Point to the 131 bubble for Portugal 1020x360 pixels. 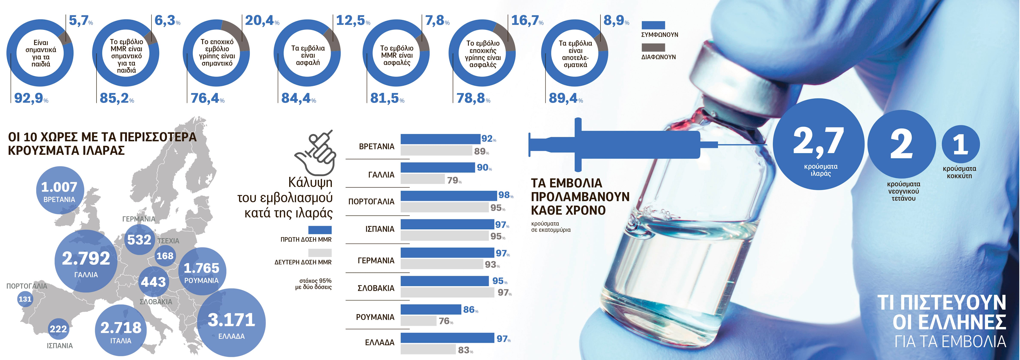pyautogui.click(x=25, y=299)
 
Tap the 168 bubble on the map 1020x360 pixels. pyautogui.click(x=165, y=256)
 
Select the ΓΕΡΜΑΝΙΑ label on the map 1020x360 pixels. pyautogui.click(x=138, y=219)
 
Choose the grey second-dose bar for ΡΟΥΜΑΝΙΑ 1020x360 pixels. pyautogui.click(x=418, y=321)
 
